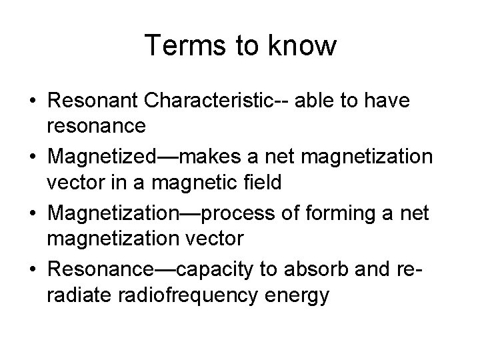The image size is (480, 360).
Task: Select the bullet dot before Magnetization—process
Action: (32, 213)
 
